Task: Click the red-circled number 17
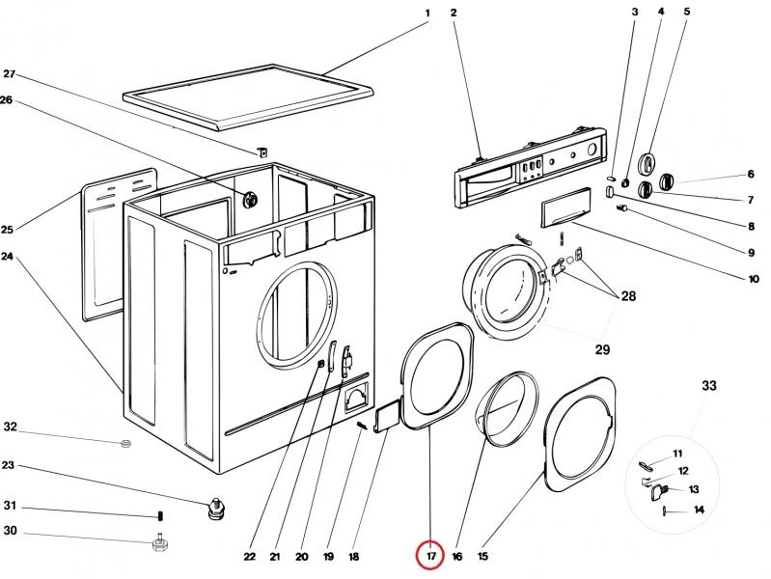click(x=430, y=557)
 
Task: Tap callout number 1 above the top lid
click(x=427, y=14)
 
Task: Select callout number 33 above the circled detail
click(x=708, y=386)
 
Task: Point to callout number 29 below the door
click(x=602, y=349)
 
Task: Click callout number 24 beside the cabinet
click(x=7, y=257)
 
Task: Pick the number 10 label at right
click(x=754, y=279)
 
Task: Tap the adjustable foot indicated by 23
click(x=215, y=509)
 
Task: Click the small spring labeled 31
click(x=161, y=516)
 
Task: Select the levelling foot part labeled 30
click(x=159, y=543)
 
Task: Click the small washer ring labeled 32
click(x=126, y=443)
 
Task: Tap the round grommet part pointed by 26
click(x=251, y=199)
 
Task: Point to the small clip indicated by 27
click(x=263, y=152)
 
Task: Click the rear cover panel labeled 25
click(x=118, y=244)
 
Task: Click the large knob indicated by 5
click(x=647, y=163)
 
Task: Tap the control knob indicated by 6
click(x=666, y=181)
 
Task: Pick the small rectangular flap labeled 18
click(x=388, y=416)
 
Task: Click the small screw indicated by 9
click(x=622, y=209)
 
